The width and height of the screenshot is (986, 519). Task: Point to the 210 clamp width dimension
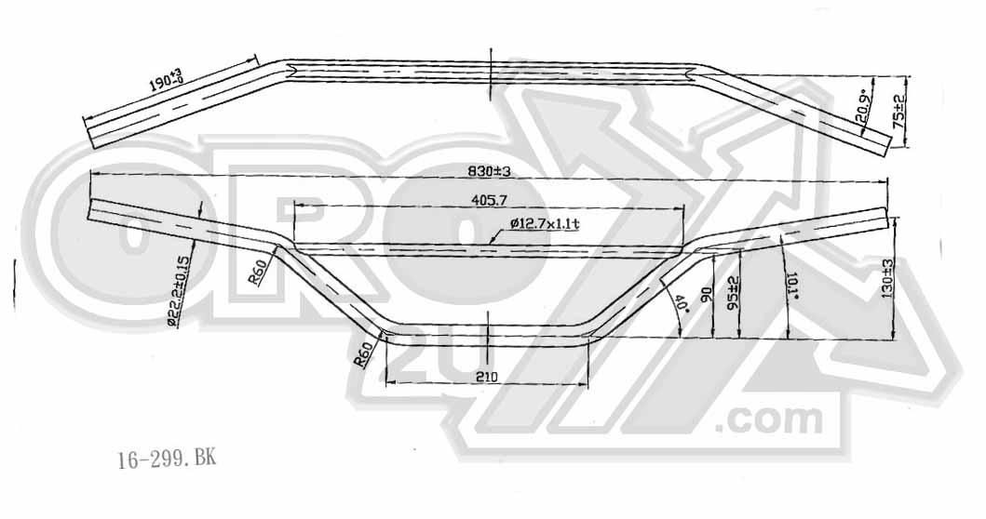coord(486,377)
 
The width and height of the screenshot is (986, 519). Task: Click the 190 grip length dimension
coord(168,85)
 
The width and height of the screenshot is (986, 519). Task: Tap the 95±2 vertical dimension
coord(733,293)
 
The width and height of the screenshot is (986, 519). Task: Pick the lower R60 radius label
coord(366,354)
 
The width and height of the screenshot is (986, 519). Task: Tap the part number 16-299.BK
coord(167,459)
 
